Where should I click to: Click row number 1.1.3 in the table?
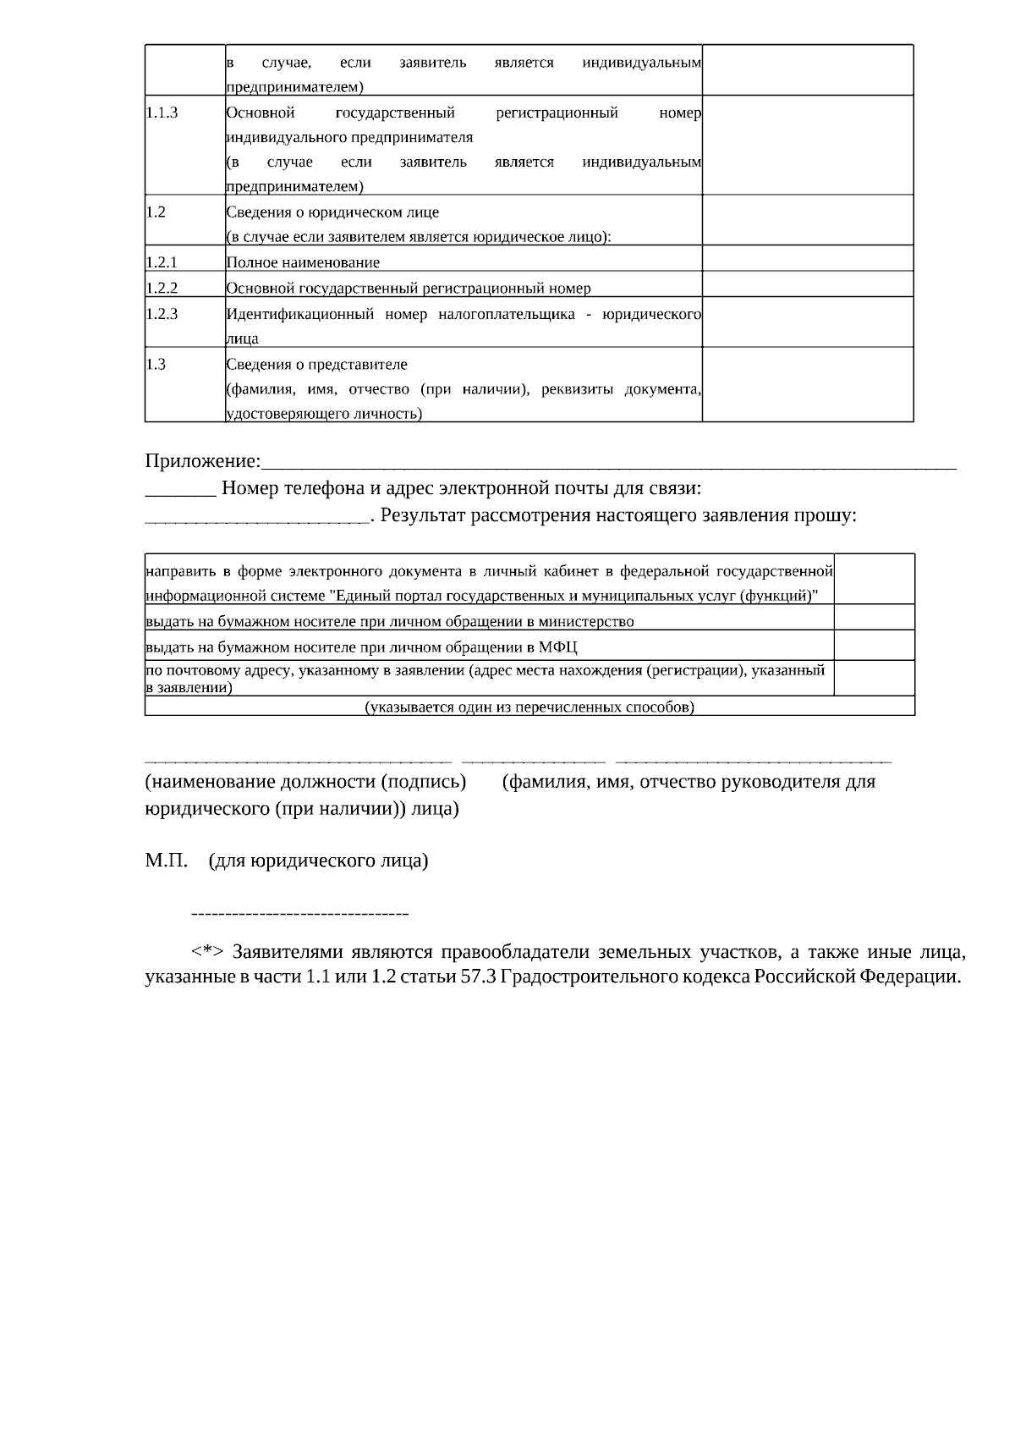pos(162,113)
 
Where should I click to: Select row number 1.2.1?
pos(162,262)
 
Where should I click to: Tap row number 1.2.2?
pos(162,288)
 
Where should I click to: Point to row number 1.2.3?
pos(162,314)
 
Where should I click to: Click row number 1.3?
pos(156,365)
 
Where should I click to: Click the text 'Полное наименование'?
pos(303,262)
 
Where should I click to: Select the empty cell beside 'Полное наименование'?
pos(807,258)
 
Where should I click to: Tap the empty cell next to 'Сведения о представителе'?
pos(807,384)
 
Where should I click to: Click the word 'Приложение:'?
pos(203,461)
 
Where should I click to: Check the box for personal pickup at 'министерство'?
pos(874,617)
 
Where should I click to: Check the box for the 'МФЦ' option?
pos(874,645)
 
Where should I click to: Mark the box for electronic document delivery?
pos(874,579)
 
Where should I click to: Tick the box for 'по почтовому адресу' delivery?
pos(874,678)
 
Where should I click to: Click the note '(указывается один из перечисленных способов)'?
pos(529,707)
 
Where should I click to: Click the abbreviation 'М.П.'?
pos(167,861)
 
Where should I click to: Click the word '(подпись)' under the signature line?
pos(424,781)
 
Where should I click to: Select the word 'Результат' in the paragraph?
pos(423,515)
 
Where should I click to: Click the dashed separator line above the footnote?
pos(300,914)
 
